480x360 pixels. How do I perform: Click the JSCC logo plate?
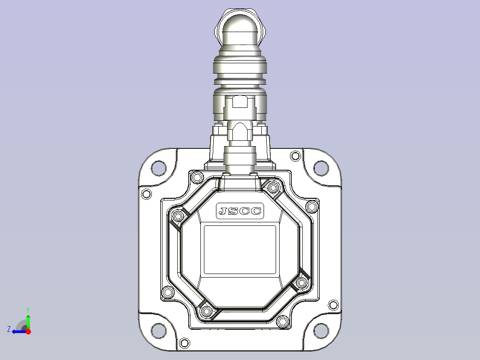click(x=240, y=211)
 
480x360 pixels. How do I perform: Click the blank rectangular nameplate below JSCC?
click(x=240, y=250)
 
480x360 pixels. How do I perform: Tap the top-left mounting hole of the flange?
click(x=159, y=168)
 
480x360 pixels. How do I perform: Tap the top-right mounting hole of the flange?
click(x=321, y=168)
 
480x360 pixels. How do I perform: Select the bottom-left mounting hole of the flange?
click(x=159, y=331)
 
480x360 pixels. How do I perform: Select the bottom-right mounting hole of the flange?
click(x=321, y=331)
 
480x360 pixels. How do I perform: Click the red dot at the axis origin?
click(x=28, y=331)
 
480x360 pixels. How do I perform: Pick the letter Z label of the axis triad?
click(x=9, y=329)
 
